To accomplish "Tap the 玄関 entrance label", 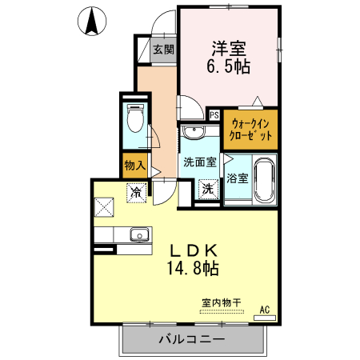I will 163,50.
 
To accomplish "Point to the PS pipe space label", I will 214,114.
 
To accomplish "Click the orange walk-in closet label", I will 251,130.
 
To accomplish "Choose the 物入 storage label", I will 134,166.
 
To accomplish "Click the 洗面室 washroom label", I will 199,162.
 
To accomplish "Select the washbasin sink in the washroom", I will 192,134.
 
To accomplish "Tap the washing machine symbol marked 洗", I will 207,190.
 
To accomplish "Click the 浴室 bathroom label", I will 237,178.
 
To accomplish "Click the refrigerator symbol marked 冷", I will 137,192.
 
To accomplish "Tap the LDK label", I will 192,250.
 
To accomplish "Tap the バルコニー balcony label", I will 190,338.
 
